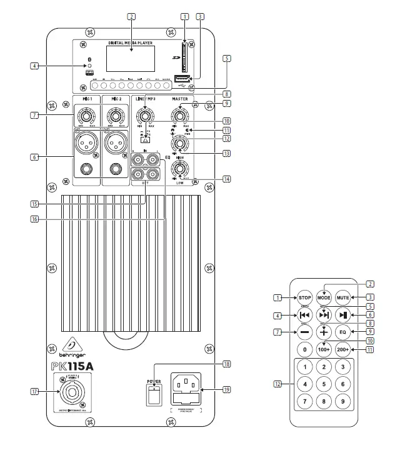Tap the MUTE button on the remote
pos(343,297)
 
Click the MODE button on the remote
pos(324,297)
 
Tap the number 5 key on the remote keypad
pos(324,384)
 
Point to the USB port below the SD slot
pos(181,78)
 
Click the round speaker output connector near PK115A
pos(74,392)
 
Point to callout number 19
pos(226,390)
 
